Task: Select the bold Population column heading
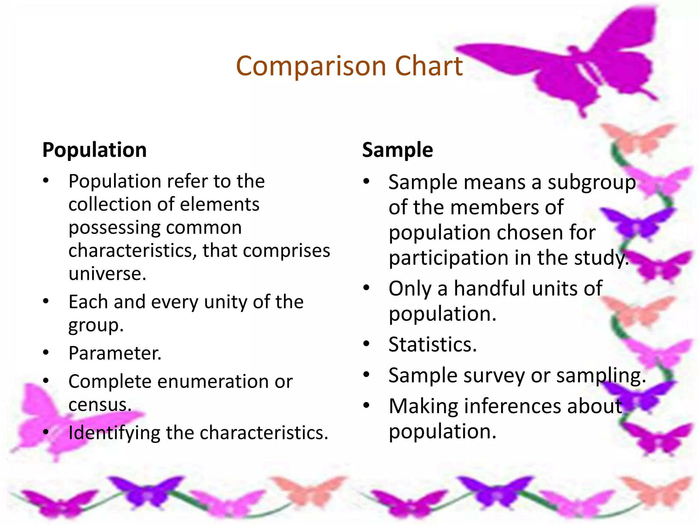tap(95, 150)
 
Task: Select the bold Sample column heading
tap(397, 150)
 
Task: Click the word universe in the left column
tap(107, 274)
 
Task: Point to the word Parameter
tap(115, 353)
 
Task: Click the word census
tap(100, 405)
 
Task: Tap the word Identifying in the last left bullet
tap(114, 433)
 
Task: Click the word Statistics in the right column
tap(432, 345)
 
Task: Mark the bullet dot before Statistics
tap(366, 344)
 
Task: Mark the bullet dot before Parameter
tap(46, 353)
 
